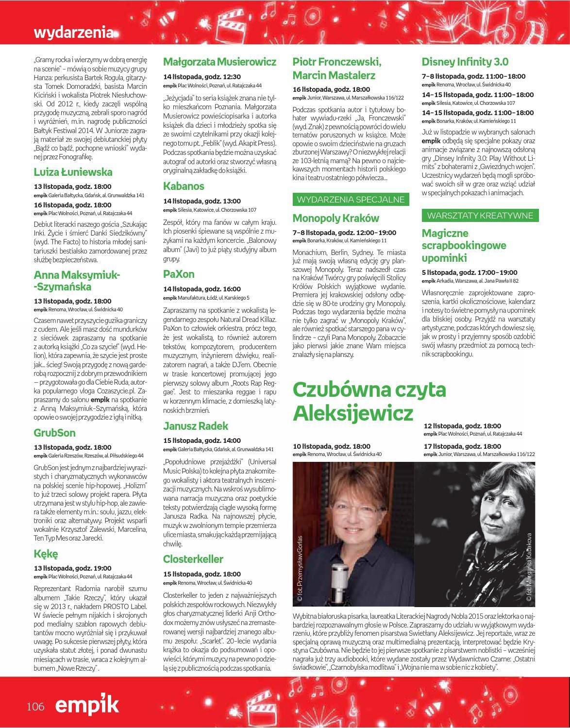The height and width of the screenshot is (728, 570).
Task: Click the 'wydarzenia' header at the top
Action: pos(74,33)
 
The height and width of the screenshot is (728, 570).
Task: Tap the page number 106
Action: pos(36,706)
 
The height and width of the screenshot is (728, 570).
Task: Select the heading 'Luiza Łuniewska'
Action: pos(73,172)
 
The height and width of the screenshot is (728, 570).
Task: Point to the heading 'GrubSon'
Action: pos(55,432)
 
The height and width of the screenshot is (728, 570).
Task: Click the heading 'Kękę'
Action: pos(46,554)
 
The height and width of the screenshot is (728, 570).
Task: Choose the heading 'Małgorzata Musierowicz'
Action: pos(219,62)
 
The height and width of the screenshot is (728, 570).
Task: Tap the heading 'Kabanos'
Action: pos(184,186)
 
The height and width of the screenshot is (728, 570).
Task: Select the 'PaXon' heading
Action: pos(179,274)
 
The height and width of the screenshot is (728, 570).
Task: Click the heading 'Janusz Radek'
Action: pos(196,426)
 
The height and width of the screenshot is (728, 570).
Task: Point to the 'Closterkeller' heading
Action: pos(193,559)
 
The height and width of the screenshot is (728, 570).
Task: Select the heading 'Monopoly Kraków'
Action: pos(343,218)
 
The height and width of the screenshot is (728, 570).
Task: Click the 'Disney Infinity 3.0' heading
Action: pos(465,62)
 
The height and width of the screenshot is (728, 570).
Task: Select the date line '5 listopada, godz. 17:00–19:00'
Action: pos(469,272)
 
